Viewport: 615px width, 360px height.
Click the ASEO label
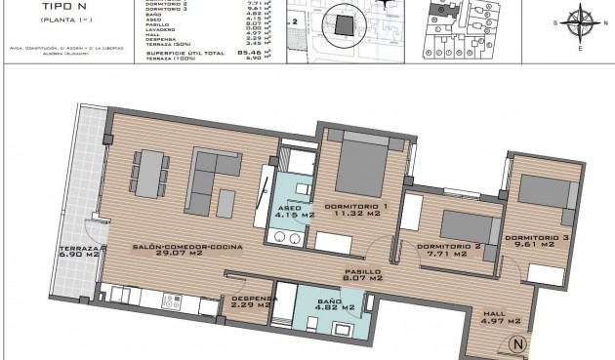coord(290,208)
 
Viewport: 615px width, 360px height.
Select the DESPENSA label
coord(253,299)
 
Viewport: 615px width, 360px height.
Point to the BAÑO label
coord(331,302)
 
